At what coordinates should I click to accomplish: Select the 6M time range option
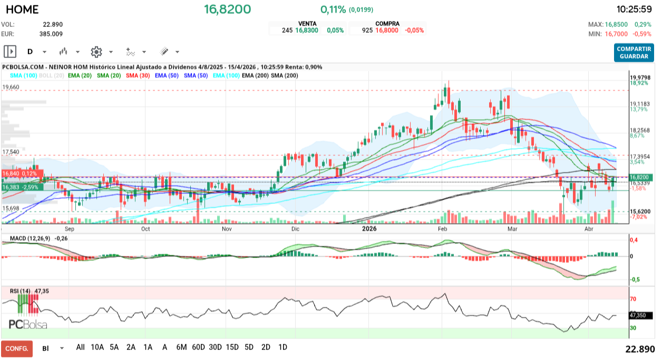pyautogui.click(x=181, y=347)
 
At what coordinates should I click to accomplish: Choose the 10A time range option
pyautogui.click(x=98, y=347)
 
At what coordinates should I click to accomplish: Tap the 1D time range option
pyautogui.click(x=283, y=347)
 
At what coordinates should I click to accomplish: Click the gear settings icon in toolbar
pyautogui.click(x=96, y=52)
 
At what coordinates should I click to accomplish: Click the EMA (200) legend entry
pyautogui.click(x=255, y=75)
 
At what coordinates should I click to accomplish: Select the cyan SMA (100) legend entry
pyautogui.click(x=23, y=75)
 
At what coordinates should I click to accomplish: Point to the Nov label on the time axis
pyautogui.click(x=227, y=229)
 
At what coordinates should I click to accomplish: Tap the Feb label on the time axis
pyautogui.click(x=442, y=229)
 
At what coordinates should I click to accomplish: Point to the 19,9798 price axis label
pyautogui.click(x=640, y=77)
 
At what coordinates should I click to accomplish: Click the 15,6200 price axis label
pyautogui.click(x=640, y=211)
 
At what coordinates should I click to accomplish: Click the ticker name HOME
pyautogui.click(x=22, y=9)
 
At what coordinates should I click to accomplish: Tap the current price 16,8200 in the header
pyautogui.click(x=228, y=9)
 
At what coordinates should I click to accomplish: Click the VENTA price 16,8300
pyautogui.click(x=307, y=31)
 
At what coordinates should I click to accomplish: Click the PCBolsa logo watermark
pyautogui.click(x=28, y=324)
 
